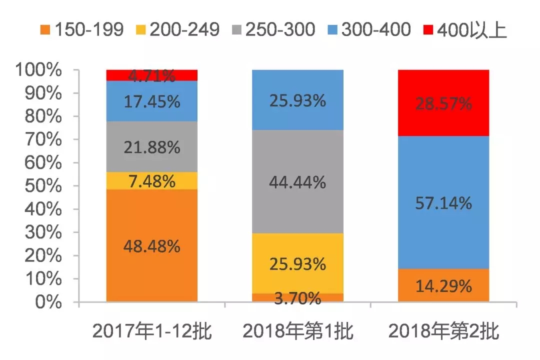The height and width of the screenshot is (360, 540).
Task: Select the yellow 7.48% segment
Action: [x=152, y=180]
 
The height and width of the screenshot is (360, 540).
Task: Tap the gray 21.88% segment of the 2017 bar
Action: [x=152, y=147]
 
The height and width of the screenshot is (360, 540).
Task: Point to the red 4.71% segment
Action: [x=152, y=75]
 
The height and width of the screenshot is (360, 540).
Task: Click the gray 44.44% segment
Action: [x=297, y=182]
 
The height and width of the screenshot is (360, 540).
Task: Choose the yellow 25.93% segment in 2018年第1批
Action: [x=297, y=263]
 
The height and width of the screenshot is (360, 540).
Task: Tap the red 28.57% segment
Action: [x=443, y=103]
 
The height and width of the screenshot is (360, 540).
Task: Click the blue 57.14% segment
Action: [x=443, y=202]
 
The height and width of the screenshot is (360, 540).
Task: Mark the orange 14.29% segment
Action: [x=443, y=285]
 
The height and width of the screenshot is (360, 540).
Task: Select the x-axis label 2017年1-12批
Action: [x=152, y=331]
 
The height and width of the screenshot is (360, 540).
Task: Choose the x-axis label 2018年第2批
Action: [x=443, y=331]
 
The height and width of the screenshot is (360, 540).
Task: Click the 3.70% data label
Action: [x=297, y=299]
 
